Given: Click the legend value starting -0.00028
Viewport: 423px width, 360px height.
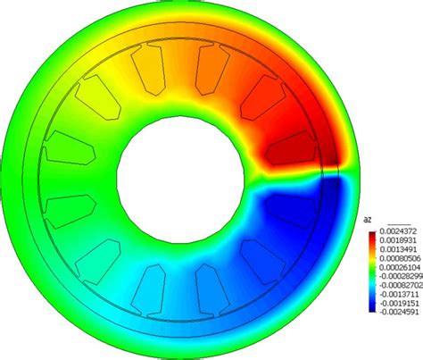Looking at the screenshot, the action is pos(400,276).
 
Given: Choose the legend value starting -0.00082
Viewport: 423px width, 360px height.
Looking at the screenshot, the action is pos(400,285).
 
